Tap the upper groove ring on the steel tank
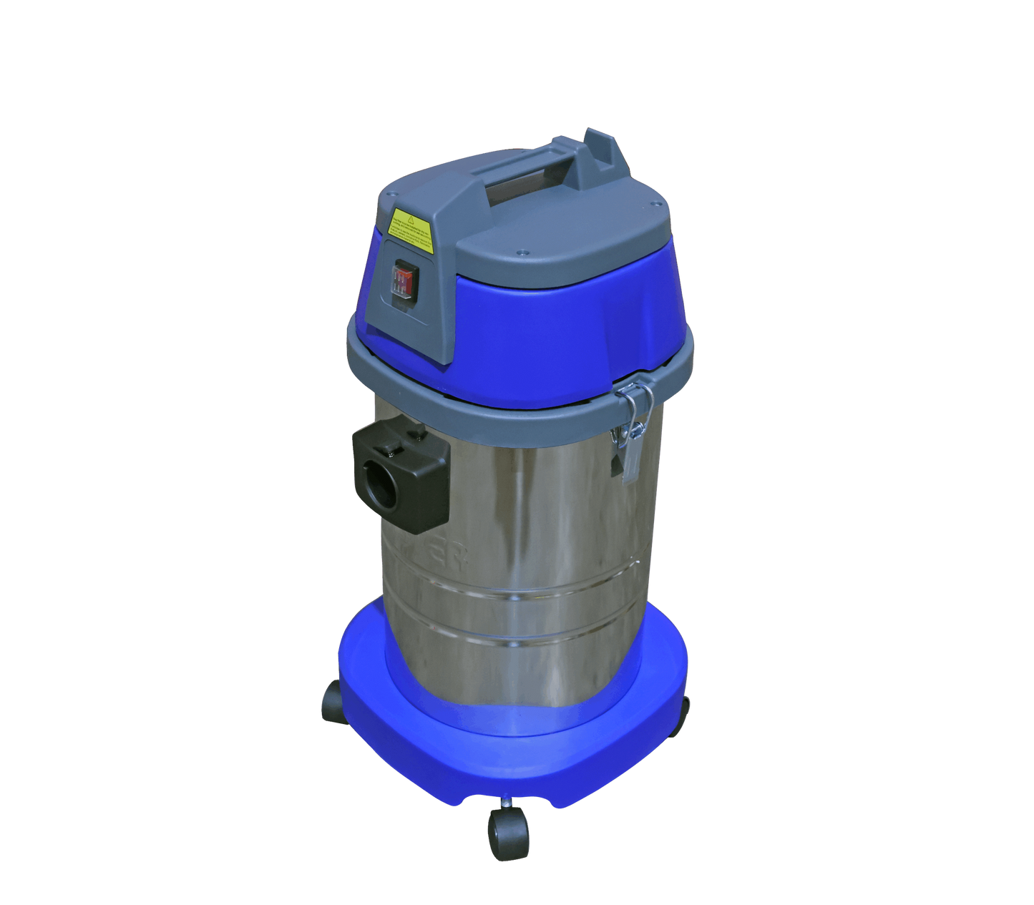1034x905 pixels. point(522,594)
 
